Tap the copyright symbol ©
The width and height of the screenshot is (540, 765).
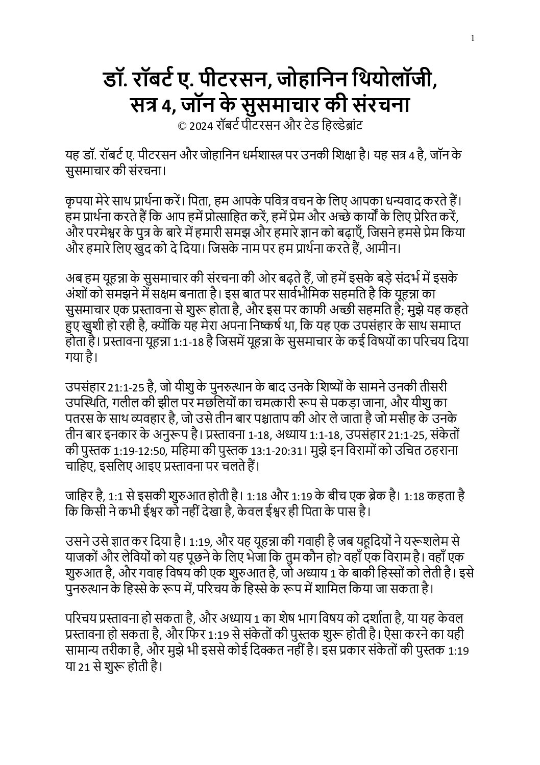182,125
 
